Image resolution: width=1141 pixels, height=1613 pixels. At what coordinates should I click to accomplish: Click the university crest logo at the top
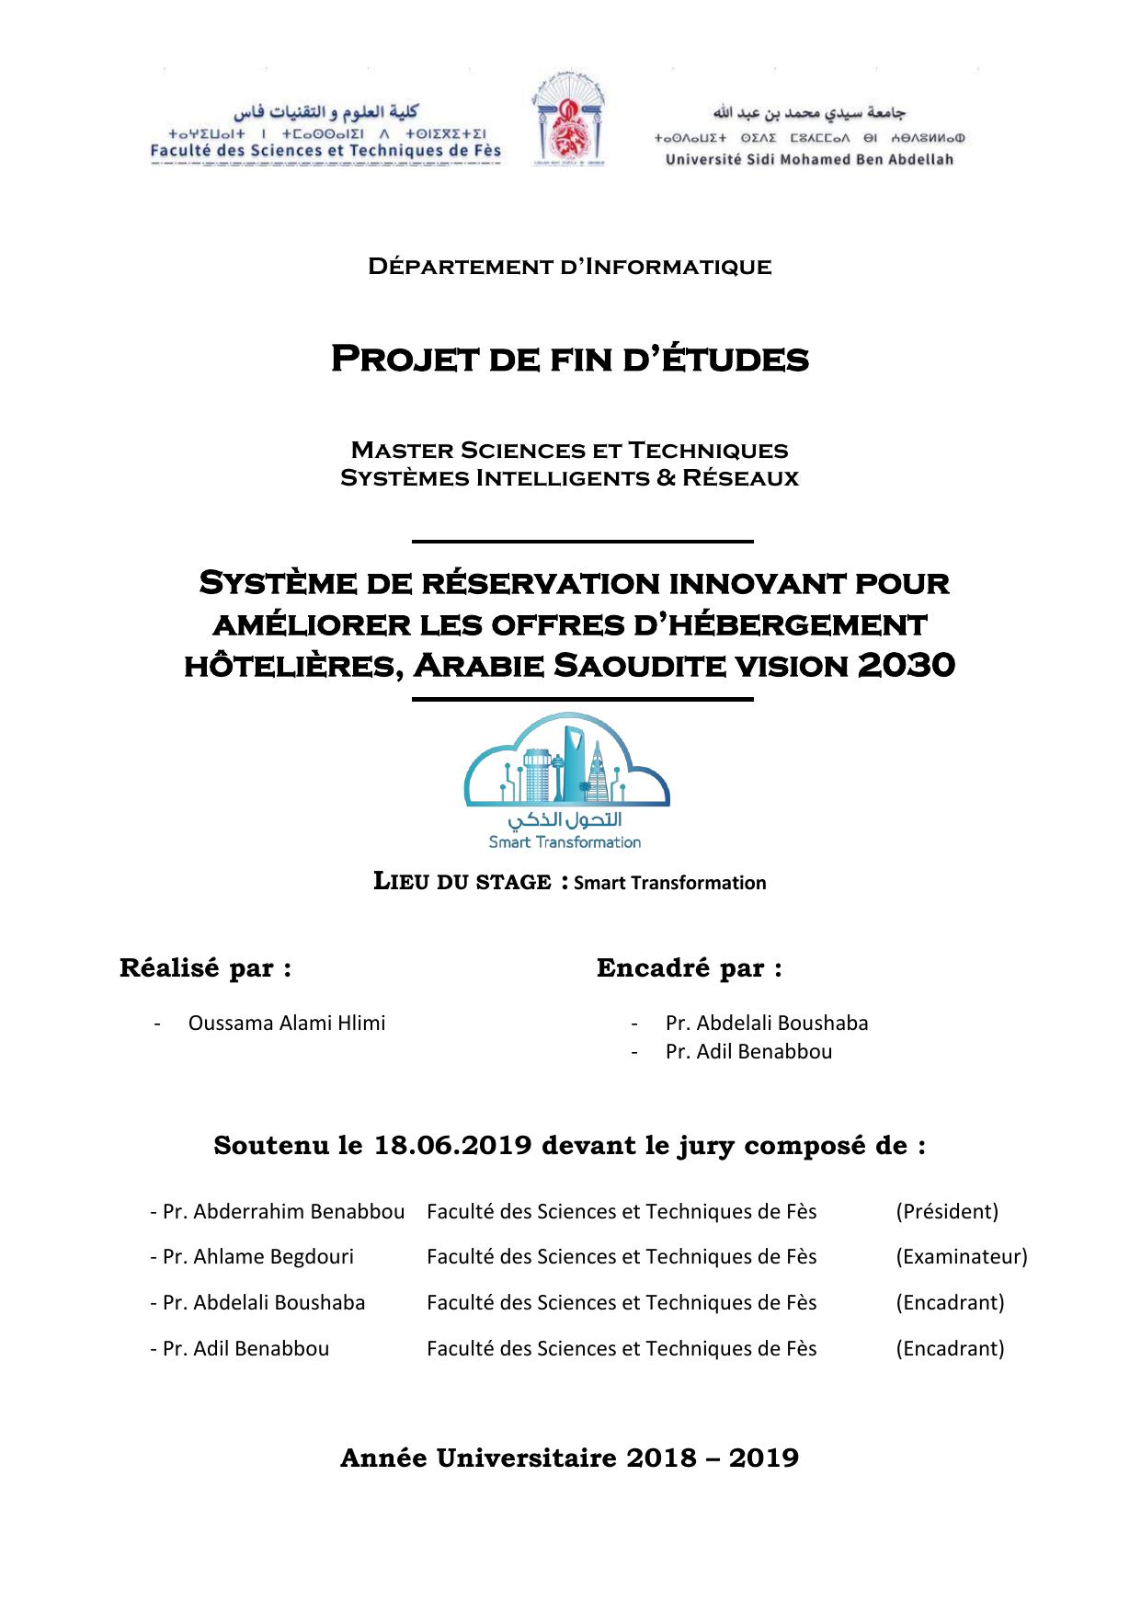[569, 122]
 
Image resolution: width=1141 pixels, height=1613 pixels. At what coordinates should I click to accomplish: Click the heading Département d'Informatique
[569, 268]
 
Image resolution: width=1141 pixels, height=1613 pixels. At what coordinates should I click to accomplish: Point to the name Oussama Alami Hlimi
[286, 1023]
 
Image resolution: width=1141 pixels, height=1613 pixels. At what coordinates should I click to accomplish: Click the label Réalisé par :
[205, 968]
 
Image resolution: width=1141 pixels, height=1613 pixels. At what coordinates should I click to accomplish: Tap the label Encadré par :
[689, 968]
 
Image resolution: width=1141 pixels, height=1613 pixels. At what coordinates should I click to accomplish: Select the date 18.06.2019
[453, 1146]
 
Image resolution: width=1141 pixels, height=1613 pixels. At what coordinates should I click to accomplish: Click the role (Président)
[946, 1211]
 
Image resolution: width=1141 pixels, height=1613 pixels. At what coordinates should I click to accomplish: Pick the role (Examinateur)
[961, 1256]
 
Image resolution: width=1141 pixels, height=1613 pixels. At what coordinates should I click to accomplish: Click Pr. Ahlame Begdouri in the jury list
[251, 1256]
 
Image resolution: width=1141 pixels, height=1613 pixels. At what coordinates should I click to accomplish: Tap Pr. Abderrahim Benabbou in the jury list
[277, 1211]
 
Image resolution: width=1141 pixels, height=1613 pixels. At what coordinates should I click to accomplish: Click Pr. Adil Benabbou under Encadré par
[747, 1051]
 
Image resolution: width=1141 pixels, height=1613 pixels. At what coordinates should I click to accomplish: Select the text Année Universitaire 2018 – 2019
[569, 1458]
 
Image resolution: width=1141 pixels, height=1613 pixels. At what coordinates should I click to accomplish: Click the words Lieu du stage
[462, 881]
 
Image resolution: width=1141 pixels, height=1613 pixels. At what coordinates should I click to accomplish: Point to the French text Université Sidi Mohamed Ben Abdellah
[809, 159]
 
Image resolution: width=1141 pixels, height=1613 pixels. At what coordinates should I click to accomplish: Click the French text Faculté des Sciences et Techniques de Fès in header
[325, 151]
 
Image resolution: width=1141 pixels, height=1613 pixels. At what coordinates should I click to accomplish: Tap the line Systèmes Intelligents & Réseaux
[569, 478]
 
